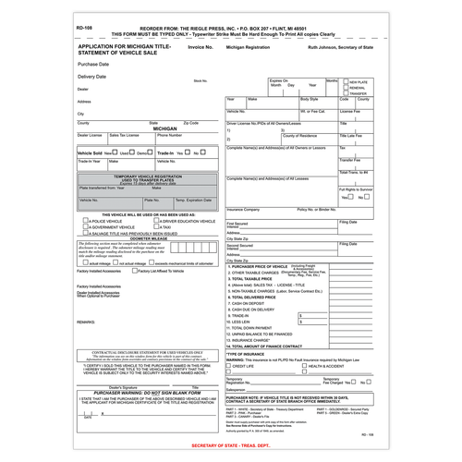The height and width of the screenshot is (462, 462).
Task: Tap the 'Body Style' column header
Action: coord(310,98)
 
